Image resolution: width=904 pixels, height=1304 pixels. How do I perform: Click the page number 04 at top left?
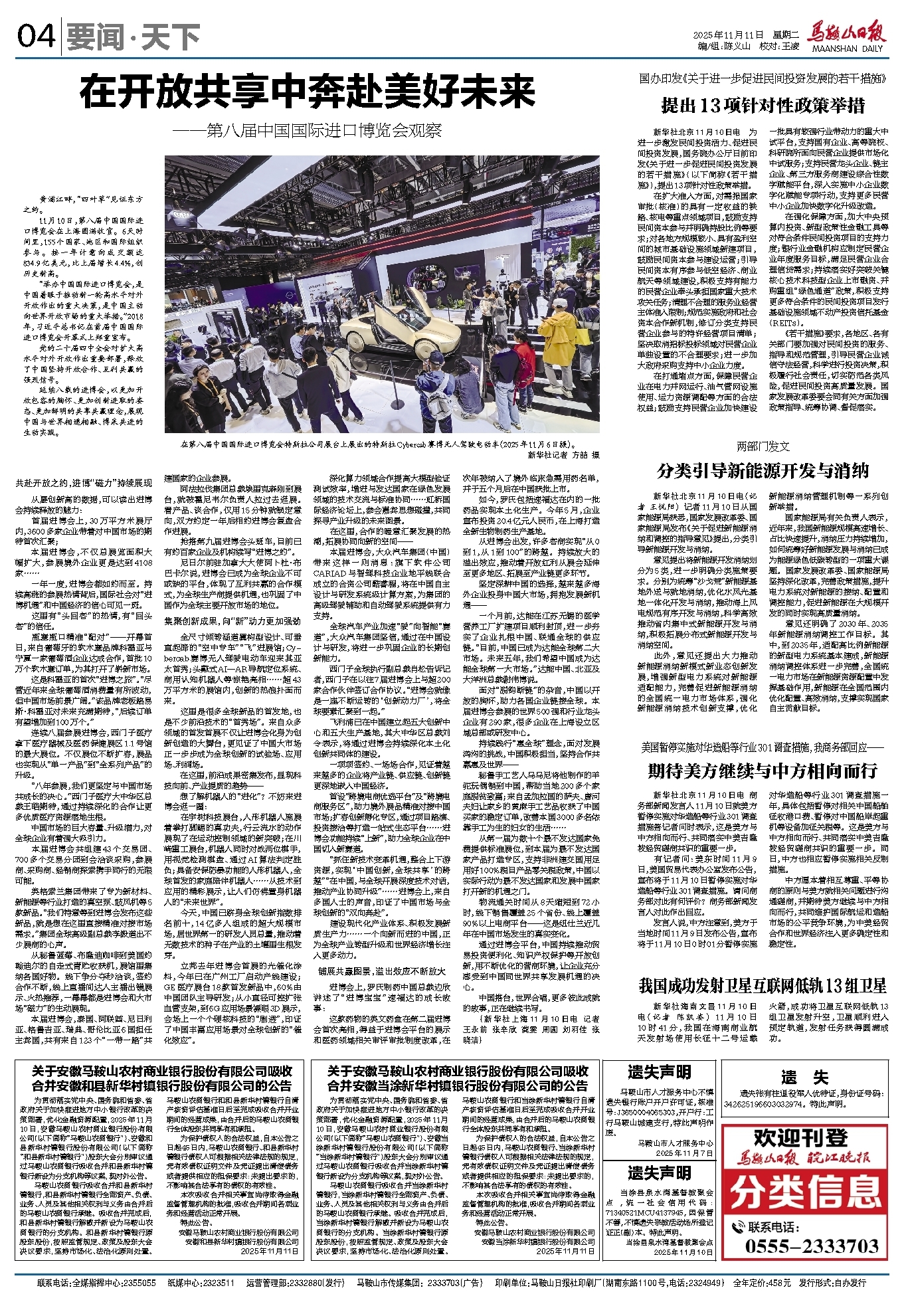coord(36,37)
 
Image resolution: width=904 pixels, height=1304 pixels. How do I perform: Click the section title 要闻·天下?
coord(134,37)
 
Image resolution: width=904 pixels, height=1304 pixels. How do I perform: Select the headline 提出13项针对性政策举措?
coord(763,106)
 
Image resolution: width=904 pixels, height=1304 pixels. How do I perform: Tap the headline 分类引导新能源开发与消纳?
coord(763,470)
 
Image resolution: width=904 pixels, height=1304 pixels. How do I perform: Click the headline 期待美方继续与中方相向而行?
coord(763,771)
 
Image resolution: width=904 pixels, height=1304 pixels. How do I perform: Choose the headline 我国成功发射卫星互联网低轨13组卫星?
coord(763,985)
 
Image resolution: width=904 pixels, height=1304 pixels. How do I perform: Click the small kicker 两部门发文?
coord(763,446)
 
